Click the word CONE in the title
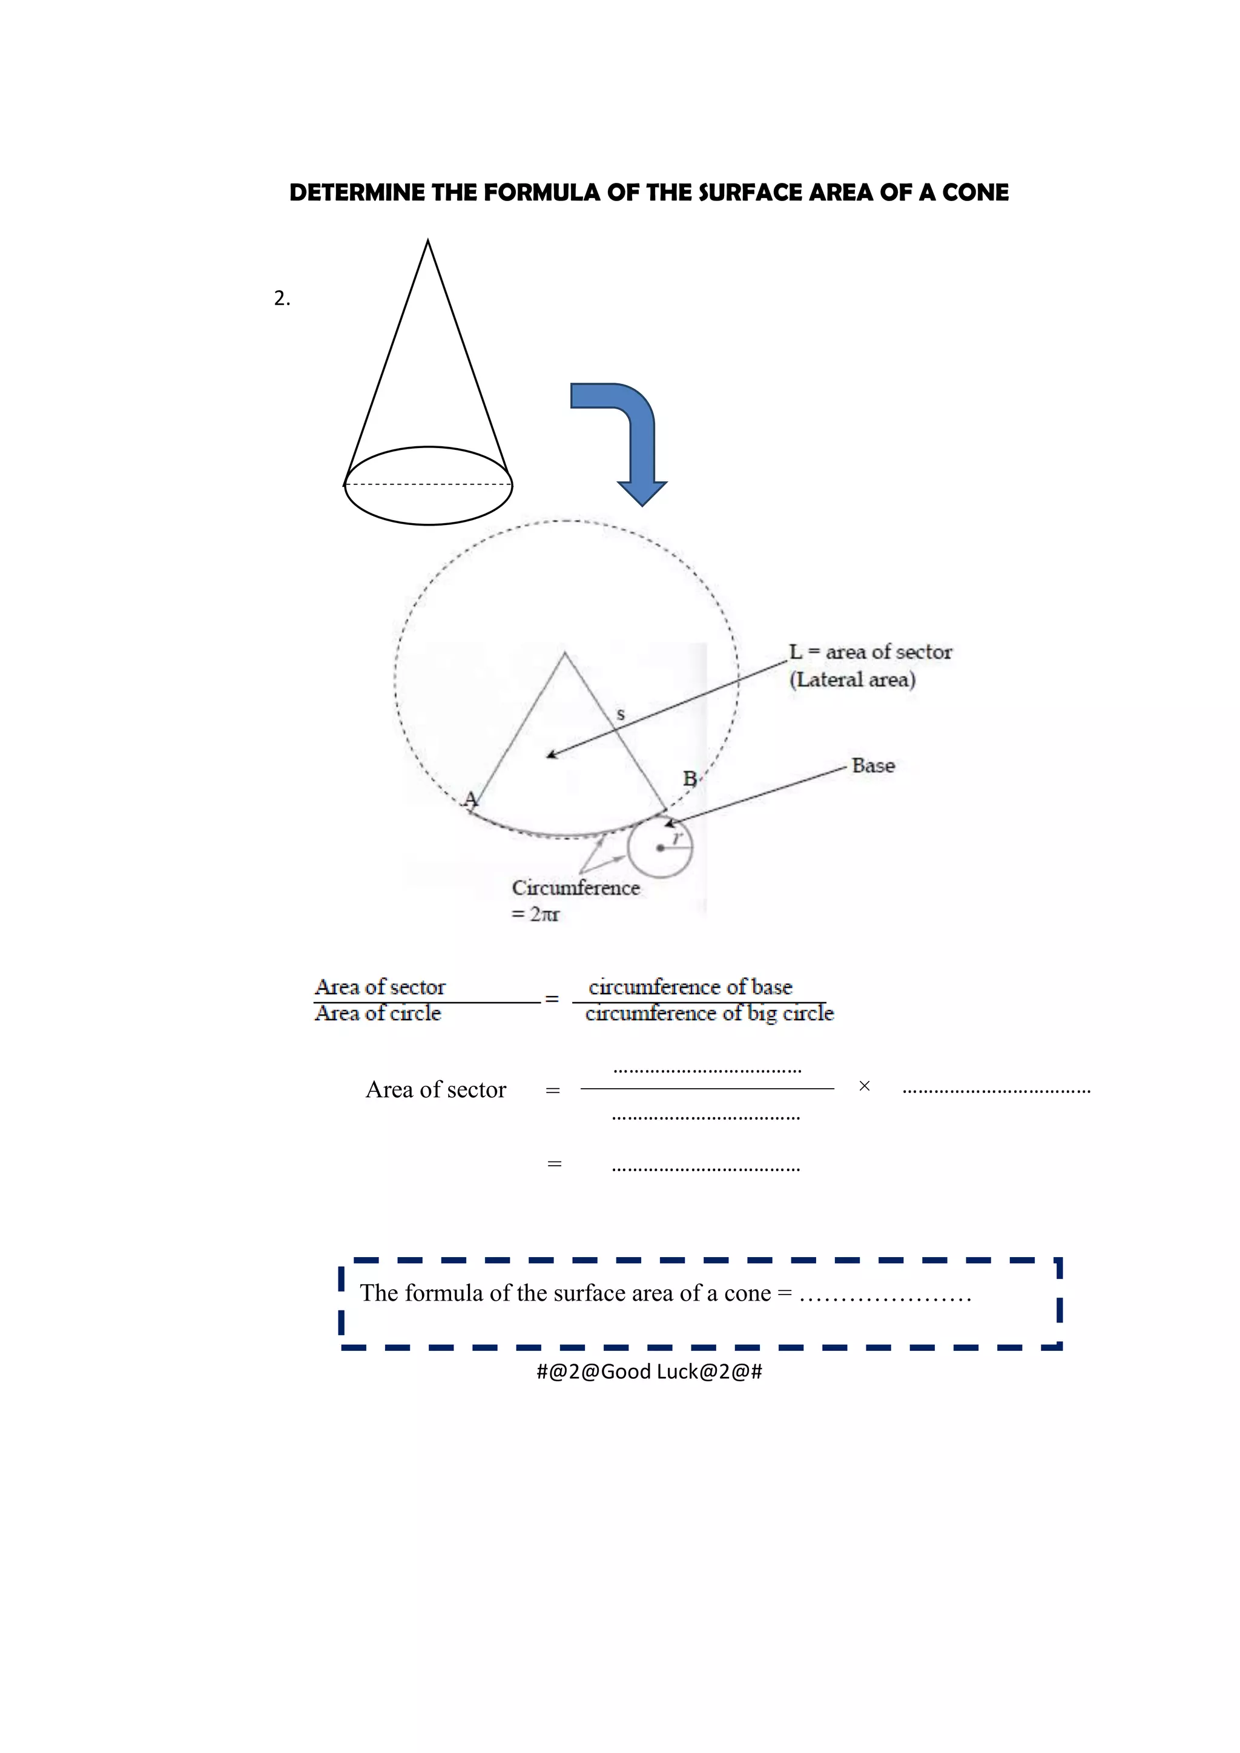click(x=975, y=193)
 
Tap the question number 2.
click(x=282, y=299)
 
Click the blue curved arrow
click(x=626, y=435)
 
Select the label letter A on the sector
click(x=471, y=799)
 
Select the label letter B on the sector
click(x=690, y=779)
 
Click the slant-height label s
click(x=621, y=715)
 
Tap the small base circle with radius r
click(x=660, y=848)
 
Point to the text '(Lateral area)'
click(x=852, y=679)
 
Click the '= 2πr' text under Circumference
click(x=536, y=914)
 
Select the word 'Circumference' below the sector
click(x=576, y=888)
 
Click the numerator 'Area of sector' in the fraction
click(x=380, y=986)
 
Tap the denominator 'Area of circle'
click(x=378, y=1013)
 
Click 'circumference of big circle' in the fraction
click(x=710, y=1013)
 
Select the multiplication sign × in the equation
click(x=865, y=1086)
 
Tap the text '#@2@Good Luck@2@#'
click(x=649, y=1372)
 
